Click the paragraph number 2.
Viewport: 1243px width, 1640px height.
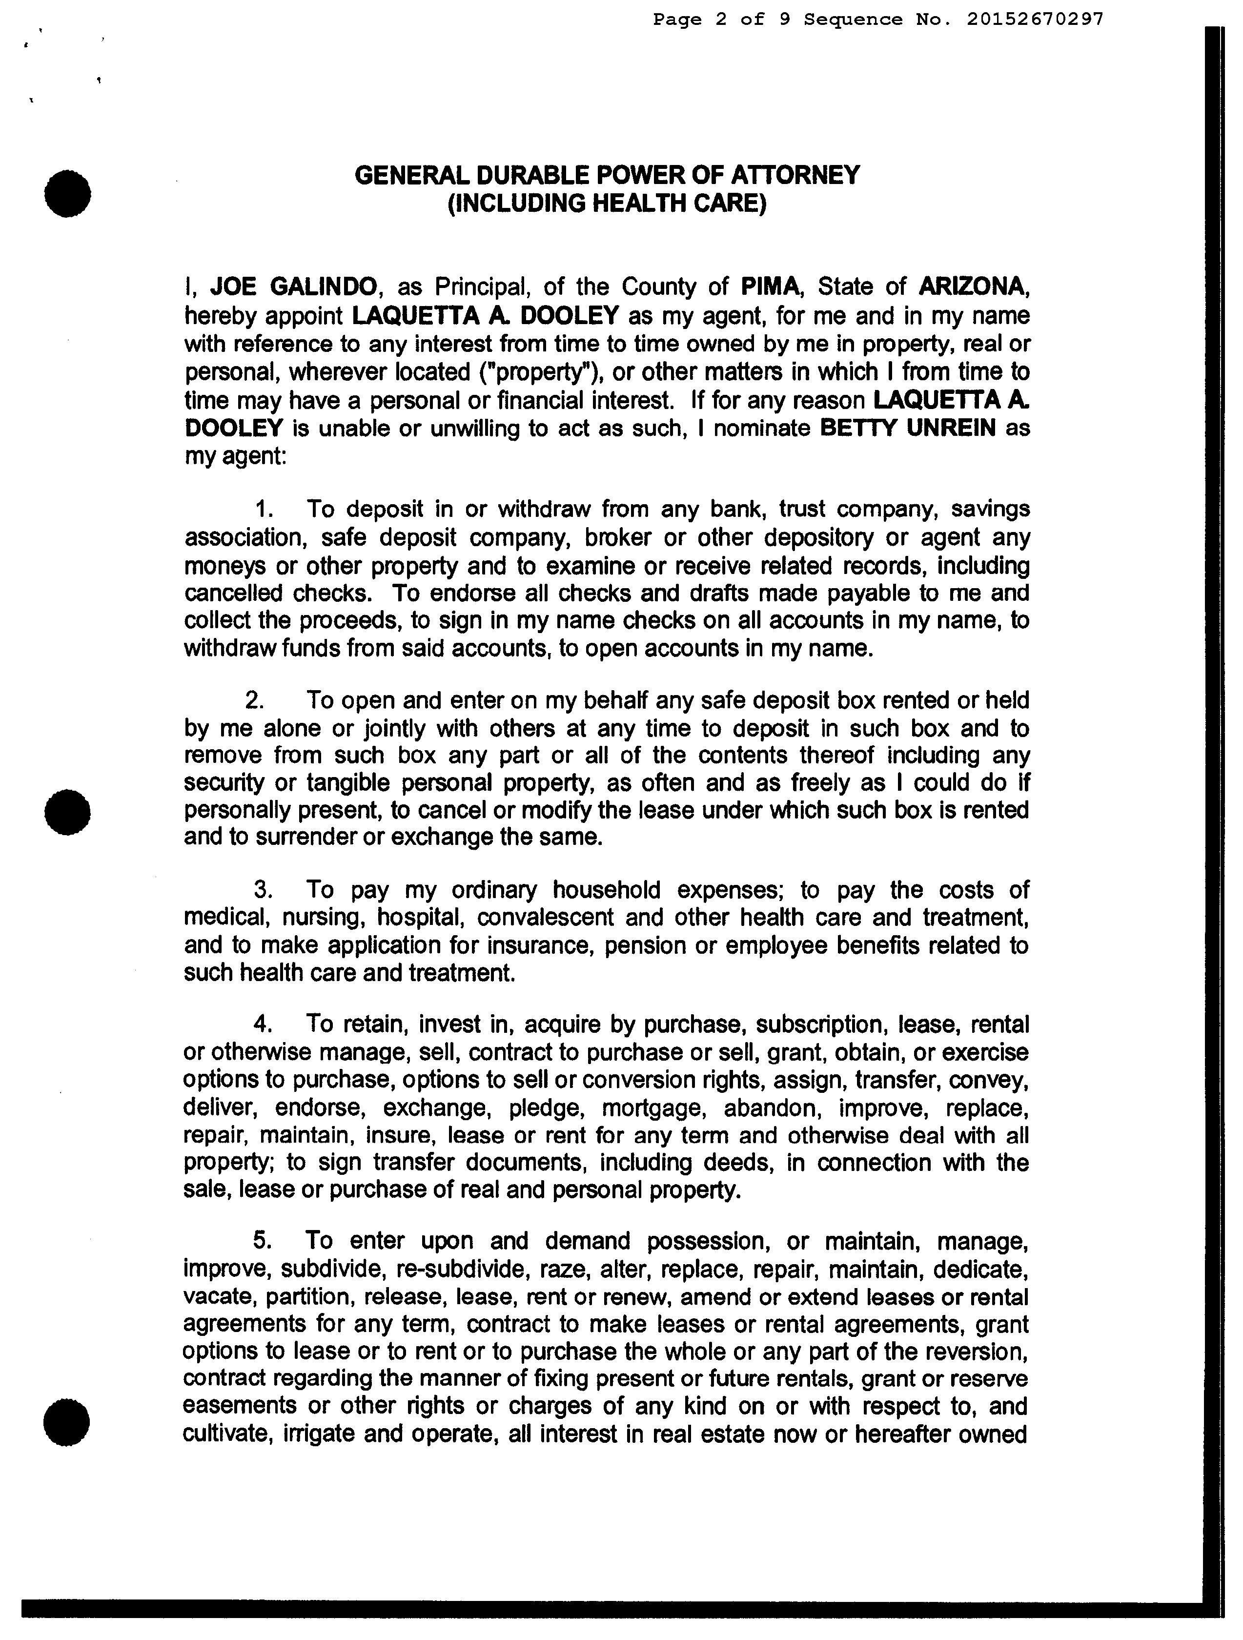255,700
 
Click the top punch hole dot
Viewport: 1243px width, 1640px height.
67,193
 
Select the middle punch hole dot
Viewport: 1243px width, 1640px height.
67,811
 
